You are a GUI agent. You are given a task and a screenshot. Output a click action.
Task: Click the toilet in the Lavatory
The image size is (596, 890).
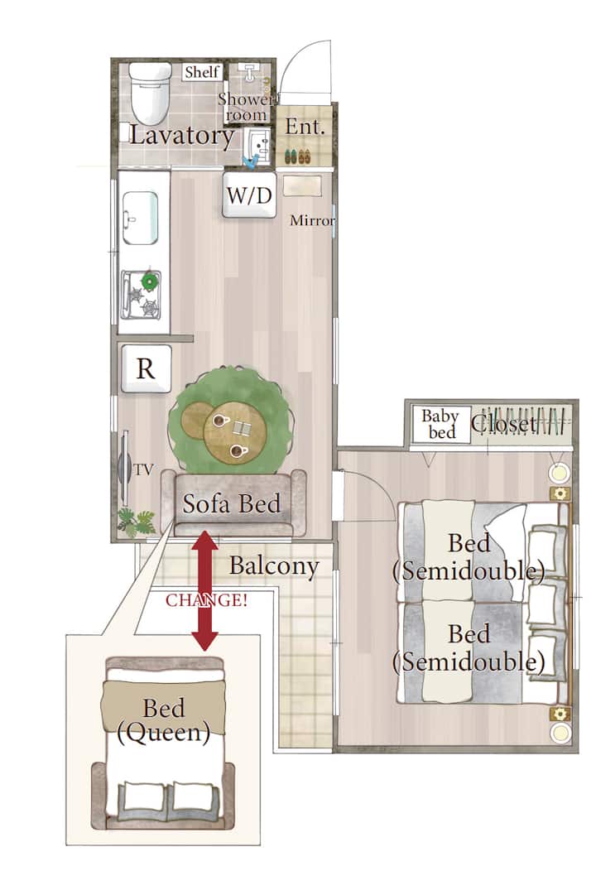click(150, 93)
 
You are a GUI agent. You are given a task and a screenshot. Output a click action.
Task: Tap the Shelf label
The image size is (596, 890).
click(202, 72)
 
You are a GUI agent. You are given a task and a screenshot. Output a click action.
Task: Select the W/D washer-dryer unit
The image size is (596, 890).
click(249, 195)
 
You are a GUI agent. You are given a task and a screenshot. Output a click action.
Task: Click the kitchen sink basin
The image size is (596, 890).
click(140, 218)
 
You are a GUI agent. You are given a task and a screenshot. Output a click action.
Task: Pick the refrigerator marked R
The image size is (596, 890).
click(147, 368)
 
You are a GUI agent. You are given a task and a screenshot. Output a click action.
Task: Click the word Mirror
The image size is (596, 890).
click(312, 220)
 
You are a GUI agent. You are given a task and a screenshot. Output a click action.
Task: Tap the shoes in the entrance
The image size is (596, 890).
click(297, 156)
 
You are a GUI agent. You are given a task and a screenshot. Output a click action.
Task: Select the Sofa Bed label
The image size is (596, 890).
click(232, 503)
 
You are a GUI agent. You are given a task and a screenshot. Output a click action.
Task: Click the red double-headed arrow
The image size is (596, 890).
click(204, 590)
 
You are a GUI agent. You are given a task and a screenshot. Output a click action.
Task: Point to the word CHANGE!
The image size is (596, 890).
click(207, 600)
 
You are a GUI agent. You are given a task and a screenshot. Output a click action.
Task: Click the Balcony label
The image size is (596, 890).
click(274, 566)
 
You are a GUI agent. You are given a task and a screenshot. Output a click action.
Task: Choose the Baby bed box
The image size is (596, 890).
click(441, 424)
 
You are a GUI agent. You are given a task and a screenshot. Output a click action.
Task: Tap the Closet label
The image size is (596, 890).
click(504, 423)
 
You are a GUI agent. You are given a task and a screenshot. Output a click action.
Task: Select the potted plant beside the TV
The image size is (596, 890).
click(137, 522)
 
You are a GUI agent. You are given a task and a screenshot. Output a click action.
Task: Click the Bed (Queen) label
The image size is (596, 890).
click(163, 719)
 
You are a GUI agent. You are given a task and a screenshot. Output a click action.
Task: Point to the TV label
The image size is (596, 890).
click(143, 470)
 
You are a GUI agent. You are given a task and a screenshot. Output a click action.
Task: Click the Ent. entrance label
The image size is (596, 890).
click(305, 127)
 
